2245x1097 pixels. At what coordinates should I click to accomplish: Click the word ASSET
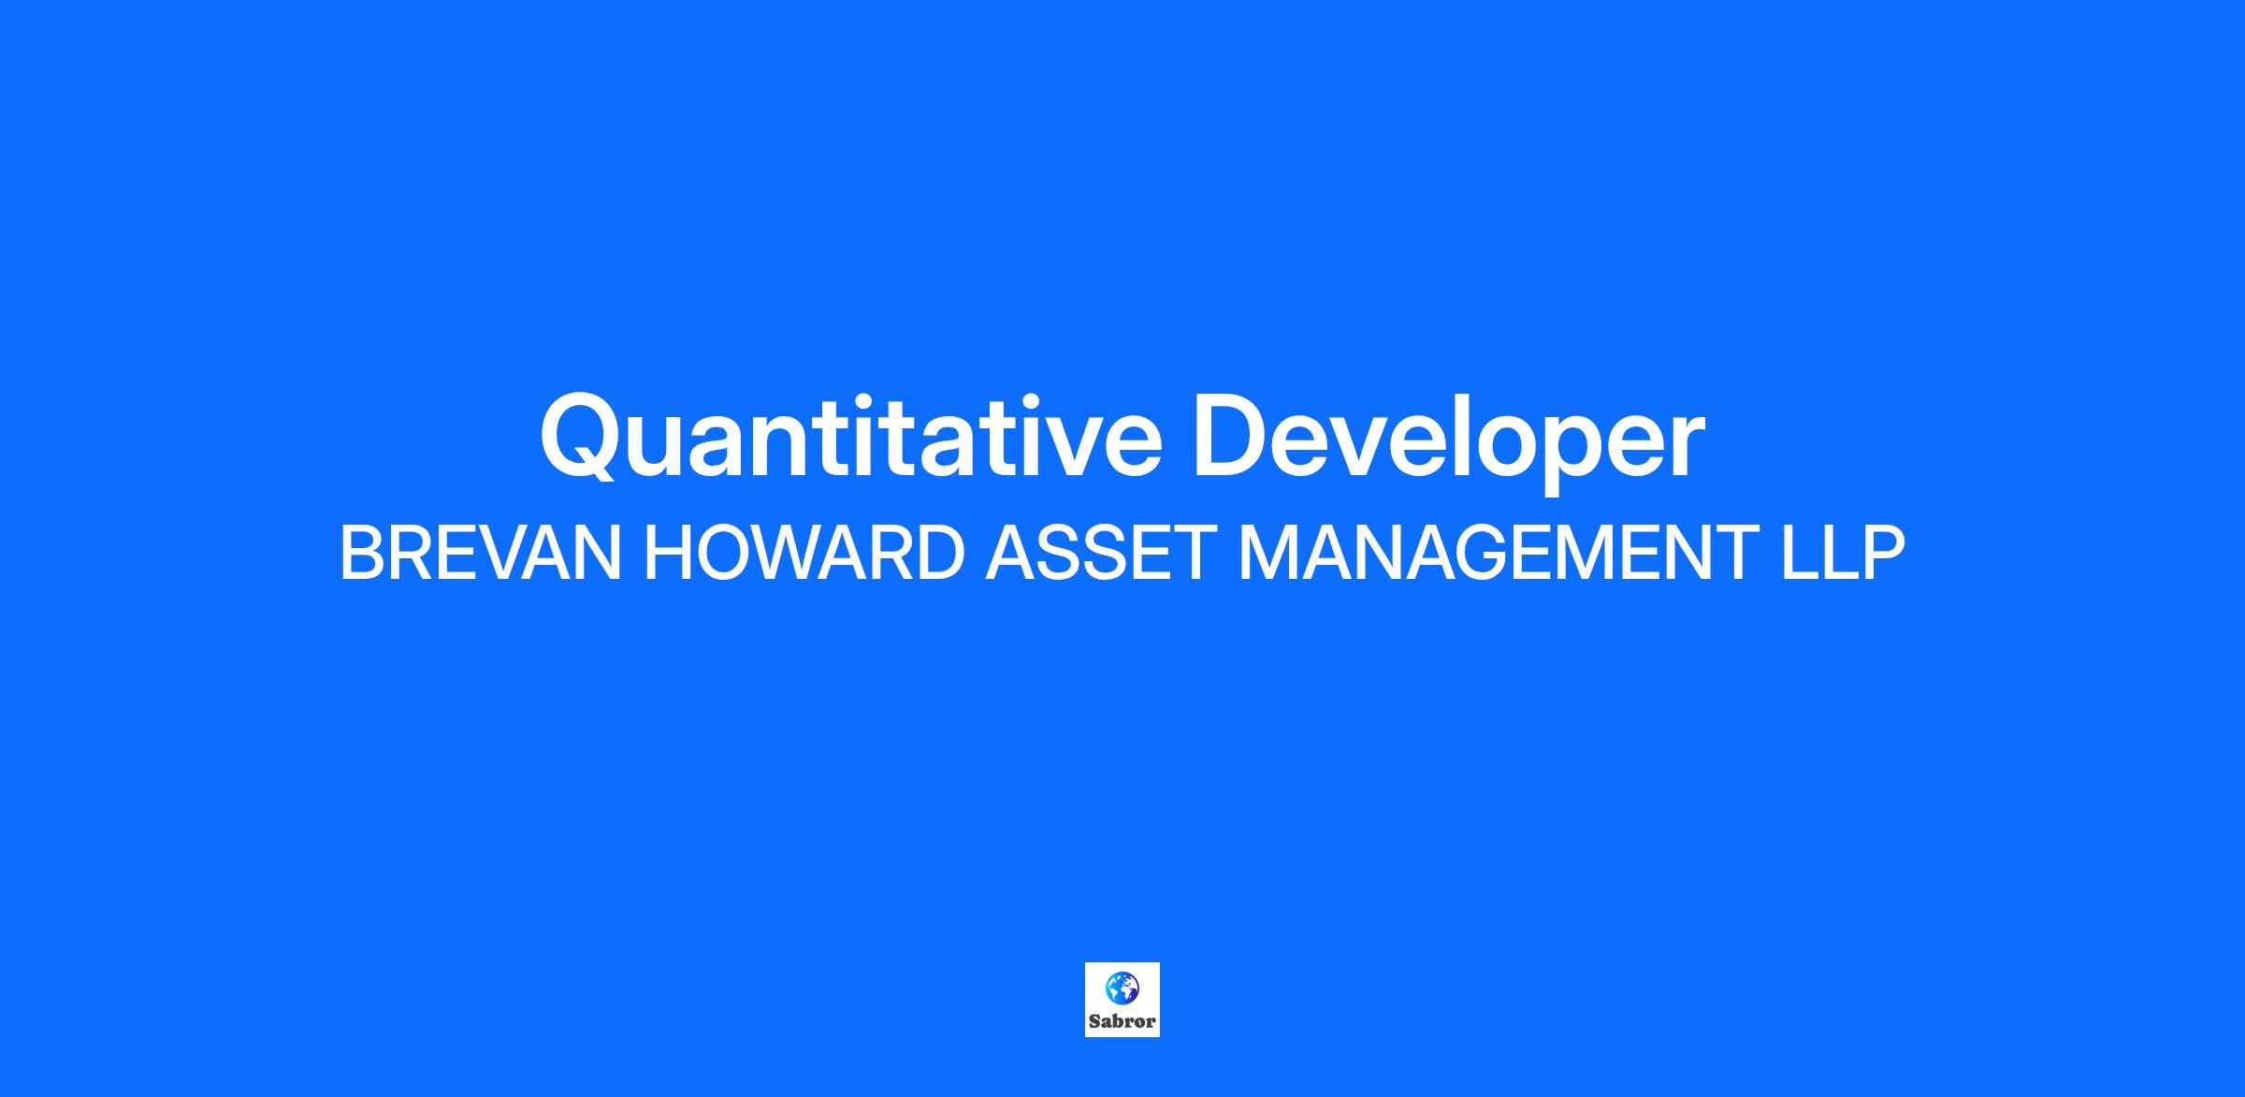pyautogui.click(x=1100, y=554)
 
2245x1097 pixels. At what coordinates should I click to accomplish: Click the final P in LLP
pyautogui.click(x=1881, y=554)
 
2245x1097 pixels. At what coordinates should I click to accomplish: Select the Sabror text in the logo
pyautogui.click(x=1122, y=1021)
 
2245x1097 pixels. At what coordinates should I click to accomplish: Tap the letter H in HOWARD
pyautogui.click(x=667, y=554)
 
